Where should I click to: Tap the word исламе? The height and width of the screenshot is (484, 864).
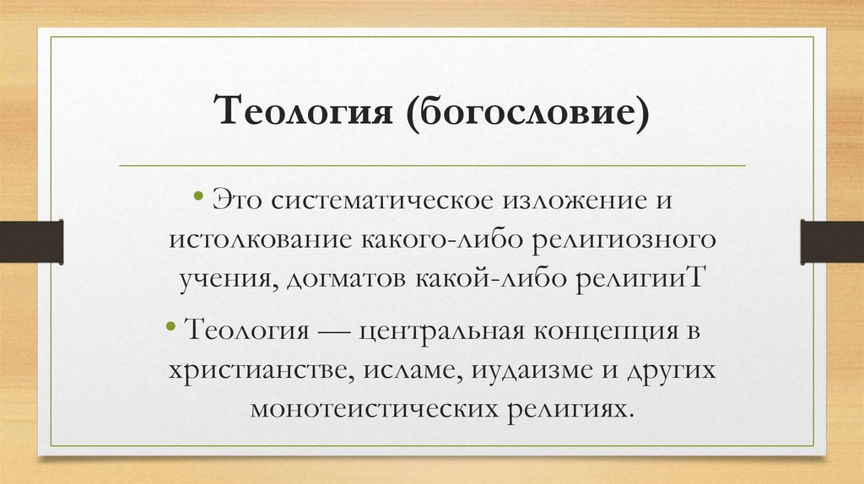point(402,368)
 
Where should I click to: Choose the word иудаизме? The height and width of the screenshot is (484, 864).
point(522,368)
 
